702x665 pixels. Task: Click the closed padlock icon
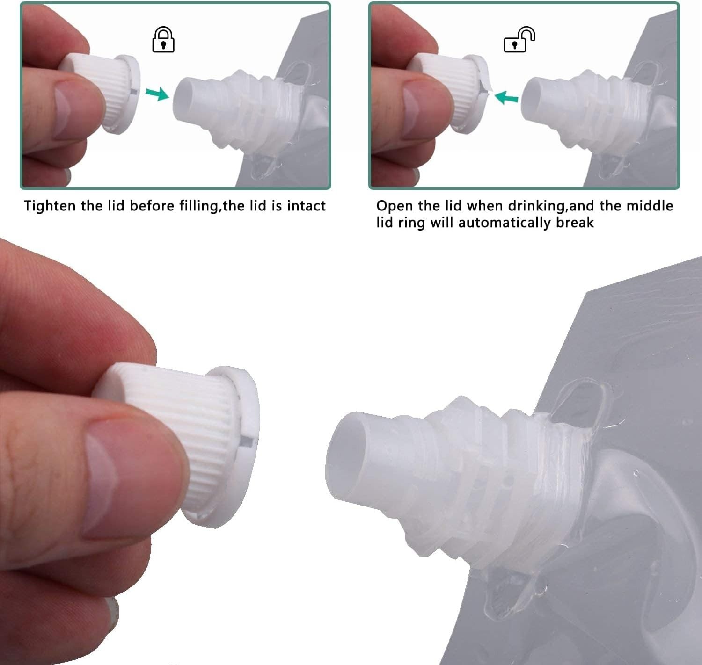coord(163,40)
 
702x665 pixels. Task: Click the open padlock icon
coord(519,41)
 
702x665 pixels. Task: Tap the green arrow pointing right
coord(157,94)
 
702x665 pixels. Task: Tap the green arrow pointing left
coord(507,97)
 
